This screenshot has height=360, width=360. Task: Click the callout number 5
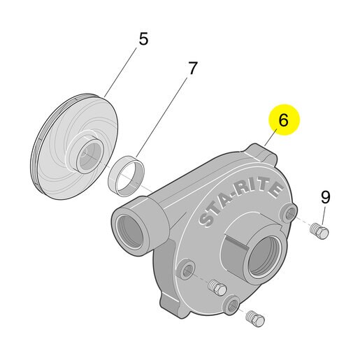point(143,39)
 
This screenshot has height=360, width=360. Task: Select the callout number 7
point(192,68)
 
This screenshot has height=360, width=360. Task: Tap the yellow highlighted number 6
point(283,120)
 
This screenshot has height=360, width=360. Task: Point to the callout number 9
point(326,197)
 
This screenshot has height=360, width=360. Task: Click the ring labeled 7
point(127,176)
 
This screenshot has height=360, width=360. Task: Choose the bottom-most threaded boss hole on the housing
point(232,305)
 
